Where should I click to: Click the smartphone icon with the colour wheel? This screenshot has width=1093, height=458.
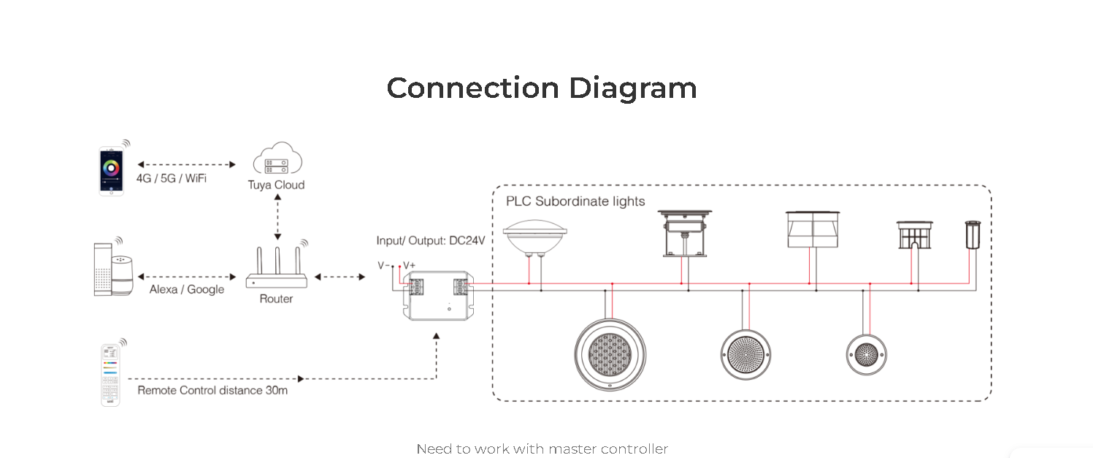coord(111,171)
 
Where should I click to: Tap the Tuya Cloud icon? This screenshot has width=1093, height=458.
coord(277,158)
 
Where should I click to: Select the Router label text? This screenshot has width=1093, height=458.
coord(276,299)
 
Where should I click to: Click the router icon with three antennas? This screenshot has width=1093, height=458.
coord(277,268)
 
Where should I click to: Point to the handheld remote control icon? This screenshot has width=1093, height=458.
coord(110,375)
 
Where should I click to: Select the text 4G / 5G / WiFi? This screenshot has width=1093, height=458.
coord(172,178)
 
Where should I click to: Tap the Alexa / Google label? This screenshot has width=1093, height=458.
coord(187,289)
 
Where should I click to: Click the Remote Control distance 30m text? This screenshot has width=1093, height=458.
coord(212,391)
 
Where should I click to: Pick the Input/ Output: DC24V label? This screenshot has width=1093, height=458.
coord(431,241)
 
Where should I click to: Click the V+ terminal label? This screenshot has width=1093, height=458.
coord(409,266)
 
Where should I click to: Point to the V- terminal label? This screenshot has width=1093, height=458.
coord(383,266)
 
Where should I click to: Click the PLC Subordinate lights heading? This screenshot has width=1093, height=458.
coord(575,201)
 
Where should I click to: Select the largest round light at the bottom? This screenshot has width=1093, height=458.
coord(610,354)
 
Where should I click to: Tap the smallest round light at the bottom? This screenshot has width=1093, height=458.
coord(867,355)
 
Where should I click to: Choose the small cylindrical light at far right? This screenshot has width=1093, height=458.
coord(973,235)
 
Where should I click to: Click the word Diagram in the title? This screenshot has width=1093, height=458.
coord(633,89)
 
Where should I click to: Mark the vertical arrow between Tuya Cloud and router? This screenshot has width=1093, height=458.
coord(277,217)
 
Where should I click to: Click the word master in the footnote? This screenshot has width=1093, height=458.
coord(573,449)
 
